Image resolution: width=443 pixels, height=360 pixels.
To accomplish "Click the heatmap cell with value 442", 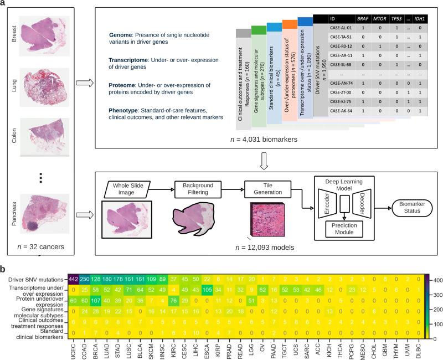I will click(x=74, y=277).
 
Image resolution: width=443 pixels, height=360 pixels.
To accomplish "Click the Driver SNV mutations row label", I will click(x=34, y=277).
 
